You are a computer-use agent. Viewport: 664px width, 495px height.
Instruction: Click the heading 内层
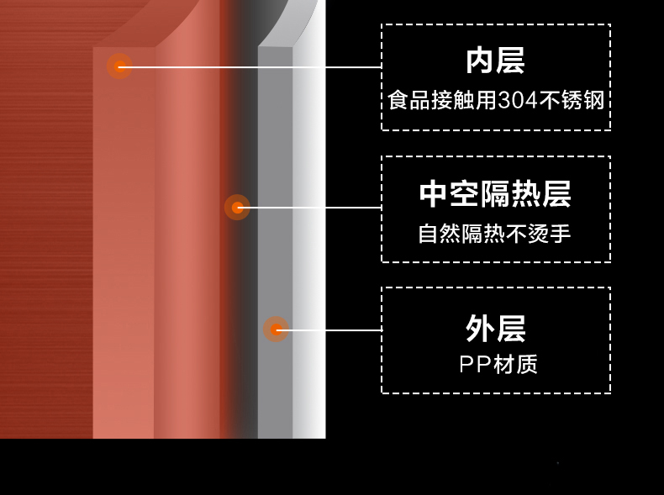(x=495, y=61)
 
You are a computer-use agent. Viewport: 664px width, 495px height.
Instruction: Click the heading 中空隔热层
(x=495, y=194)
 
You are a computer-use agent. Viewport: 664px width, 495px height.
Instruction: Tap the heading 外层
(x=496, y=328)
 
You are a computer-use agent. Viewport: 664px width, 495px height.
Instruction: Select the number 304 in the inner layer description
(x=518, y=101)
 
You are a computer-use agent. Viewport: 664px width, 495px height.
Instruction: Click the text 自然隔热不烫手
(x=494, y=234)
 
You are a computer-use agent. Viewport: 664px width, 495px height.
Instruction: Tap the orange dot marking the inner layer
(x=120, y=66)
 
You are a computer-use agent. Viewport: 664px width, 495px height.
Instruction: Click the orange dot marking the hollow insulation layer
(x=237, y=208)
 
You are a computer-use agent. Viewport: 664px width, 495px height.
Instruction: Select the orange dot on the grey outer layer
(x=276, y=329)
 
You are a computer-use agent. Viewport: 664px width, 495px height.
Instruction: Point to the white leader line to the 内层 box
(x=250, y=67)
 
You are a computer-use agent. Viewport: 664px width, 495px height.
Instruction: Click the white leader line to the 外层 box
(x=329, y=329)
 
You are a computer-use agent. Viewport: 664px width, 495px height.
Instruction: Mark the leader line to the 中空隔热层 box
(x=309, y=208)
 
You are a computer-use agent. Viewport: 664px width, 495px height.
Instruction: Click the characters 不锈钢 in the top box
(x=572, y=101)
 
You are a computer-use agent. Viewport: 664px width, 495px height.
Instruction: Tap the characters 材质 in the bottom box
(x=515, y=364)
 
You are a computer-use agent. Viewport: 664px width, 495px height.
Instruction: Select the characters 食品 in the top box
(x=408, y=101)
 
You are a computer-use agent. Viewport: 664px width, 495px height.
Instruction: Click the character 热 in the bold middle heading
(x=526, y=194)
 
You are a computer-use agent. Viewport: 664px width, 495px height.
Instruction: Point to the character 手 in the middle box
(x=561, y=234)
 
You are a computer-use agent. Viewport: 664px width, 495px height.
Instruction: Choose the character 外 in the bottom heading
(x=480, y=328)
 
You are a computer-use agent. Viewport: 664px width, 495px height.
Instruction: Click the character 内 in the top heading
(x=480, y=61)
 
